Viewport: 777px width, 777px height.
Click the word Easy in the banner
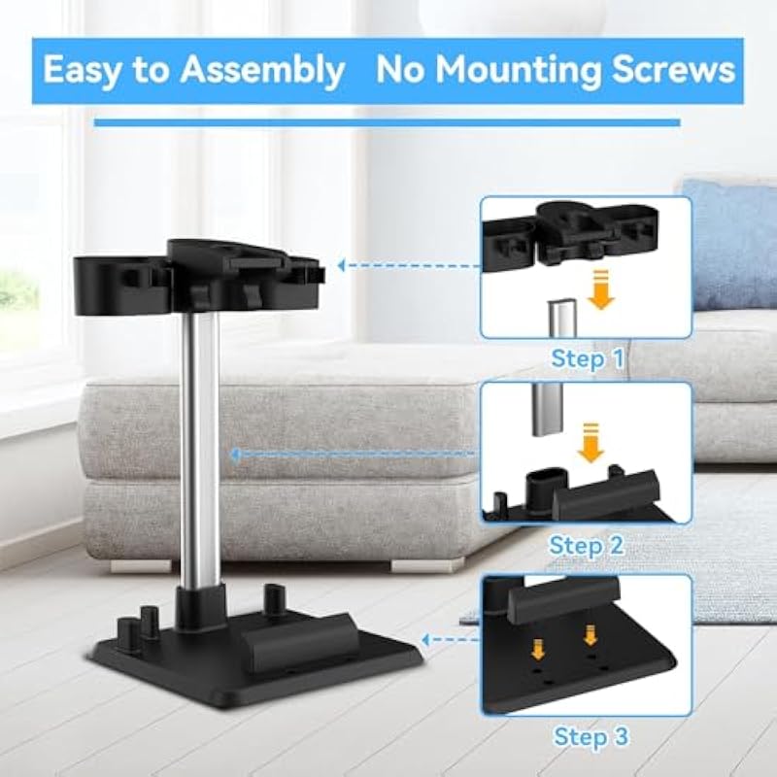click(x=82, y=70)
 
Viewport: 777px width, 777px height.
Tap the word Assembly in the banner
click(x=261, y=70)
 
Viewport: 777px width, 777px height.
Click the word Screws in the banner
click(x=673, y=68)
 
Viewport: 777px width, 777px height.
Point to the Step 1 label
click(x=588, y=358)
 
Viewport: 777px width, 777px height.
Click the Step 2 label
click(x=586, y=545)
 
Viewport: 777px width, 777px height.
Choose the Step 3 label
click(x=591, y=736)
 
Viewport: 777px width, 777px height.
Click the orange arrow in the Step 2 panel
click(x=591, y=443)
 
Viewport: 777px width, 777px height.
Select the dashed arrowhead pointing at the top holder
click(x=342, y=265)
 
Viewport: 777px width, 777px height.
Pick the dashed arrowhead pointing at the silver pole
click(x=237, y=454)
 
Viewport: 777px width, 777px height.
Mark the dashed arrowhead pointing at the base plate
click(x=425, y=639)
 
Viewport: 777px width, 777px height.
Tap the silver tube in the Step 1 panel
click(x=561, y=319)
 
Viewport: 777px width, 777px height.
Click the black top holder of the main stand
click(x=198, y=276)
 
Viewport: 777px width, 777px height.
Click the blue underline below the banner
click(x=387, y=122)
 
